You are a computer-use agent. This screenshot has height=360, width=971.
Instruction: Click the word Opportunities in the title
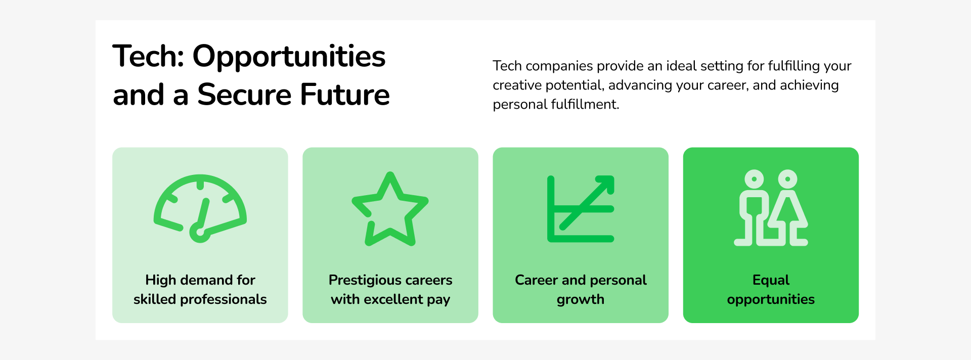click(289, 57)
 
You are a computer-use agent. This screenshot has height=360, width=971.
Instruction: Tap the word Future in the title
click(345, 95)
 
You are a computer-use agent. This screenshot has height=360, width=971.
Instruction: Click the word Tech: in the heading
click(148, 56)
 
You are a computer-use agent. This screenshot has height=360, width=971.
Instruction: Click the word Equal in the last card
click(771, 281)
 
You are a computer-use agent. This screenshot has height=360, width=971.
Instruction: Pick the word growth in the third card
click(581, 300)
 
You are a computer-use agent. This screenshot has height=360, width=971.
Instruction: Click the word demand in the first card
click(206, 280)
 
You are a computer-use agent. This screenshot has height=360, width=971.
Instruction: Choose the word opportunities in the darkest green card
click(771, 300)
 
